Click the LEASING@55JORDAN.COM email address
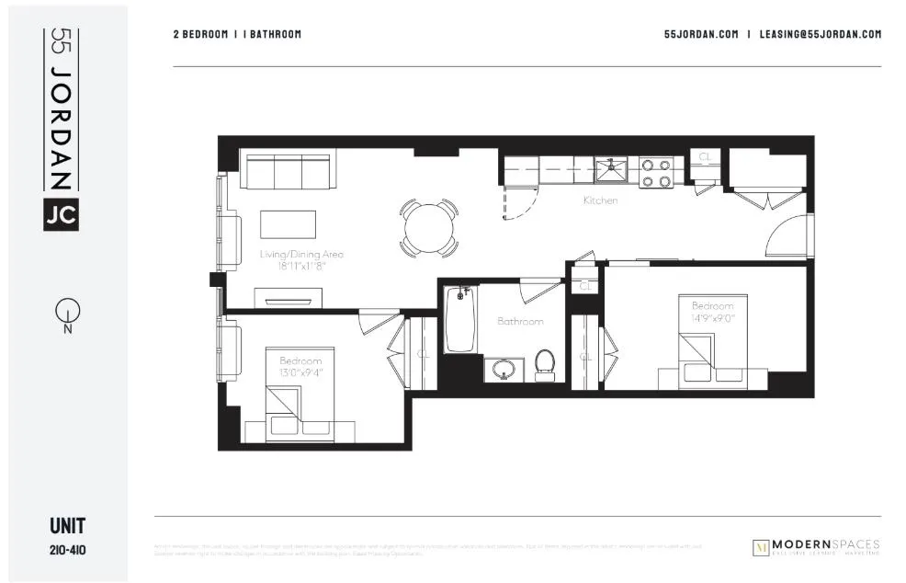pos(821,34)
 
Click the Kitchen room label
pos(600,200)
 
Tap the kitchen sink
pos(608,169)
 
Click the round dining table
pos(428,226)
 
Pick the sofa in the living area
pos(286,171)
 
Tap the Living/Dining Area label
pos(301,254)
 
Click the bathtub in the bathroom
pos(459,319)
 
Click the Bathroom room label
pos(520,322)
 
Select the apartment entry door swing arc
pos(787,236)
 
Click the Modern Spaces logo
pos(815,547)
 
